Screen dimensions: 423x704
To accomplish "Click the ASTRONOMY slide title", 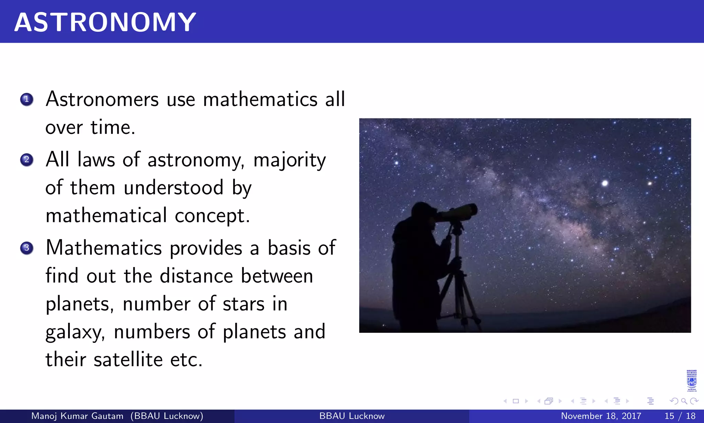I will point(105,22).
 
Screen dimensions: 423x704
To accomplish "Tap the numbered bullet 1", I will point(26,99).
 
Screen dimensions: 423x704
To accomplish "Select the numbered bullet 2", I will point(26,160).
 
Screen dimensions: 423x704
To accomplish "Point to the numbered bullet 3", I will point(26,248).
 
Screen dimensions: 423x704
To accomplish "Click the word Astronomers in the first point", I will point(102,99).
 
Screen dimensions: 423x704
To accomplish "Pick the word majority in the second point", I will point(289,160).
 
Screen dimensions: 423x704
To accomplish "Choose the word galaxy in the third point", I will point(75,332).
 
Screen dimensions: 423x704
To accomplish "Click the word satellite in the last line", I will point(128,360).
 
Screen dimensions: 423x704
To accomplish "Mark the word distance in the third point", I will point(196,276).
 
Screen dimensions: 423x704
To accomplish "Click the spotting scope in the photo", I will point(457,212).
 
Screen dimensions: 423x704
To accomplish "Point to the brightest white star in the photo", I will point(605,183).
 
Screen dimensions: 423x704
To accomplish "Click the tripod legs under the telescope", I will point(459,293).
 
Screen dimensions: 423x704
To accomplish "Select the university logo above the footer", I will point(691,381).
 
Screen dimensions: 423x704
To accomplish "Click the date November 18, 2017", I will point(601,416).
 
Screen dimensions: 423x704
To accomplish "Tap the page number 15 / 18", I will point(680,416).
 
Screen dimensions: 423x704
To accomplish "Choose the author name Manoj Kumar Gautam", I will point(77,416).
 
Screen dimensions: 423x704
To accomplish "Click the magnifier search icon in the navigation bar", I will point(684,401).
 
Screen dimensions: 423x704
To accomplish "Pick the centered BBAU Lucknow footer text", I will point(352,416).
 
